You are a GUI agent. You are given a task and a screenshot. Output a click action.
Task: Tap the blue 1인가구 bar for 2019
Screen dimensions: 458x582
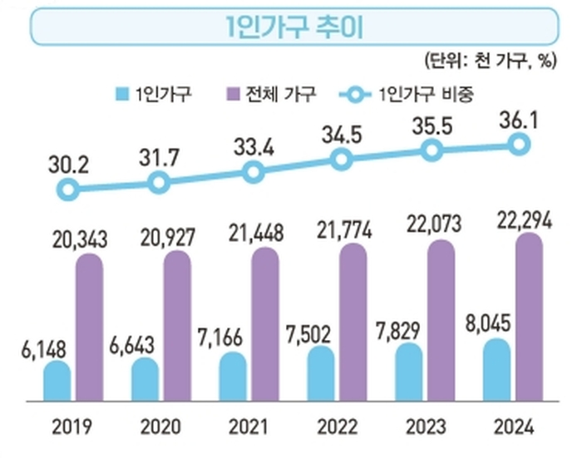[57, 381]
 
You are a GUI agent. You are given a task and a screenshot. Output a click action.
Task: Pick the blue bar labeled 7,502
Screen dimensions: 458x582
[321, 373]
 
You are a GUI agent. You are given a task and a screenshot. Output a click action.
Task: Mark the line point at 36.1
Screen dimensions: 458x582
[519, 145]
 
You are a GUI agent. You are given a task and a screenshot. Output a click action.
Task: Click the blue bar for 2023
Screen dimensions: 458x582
[410, 371]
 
